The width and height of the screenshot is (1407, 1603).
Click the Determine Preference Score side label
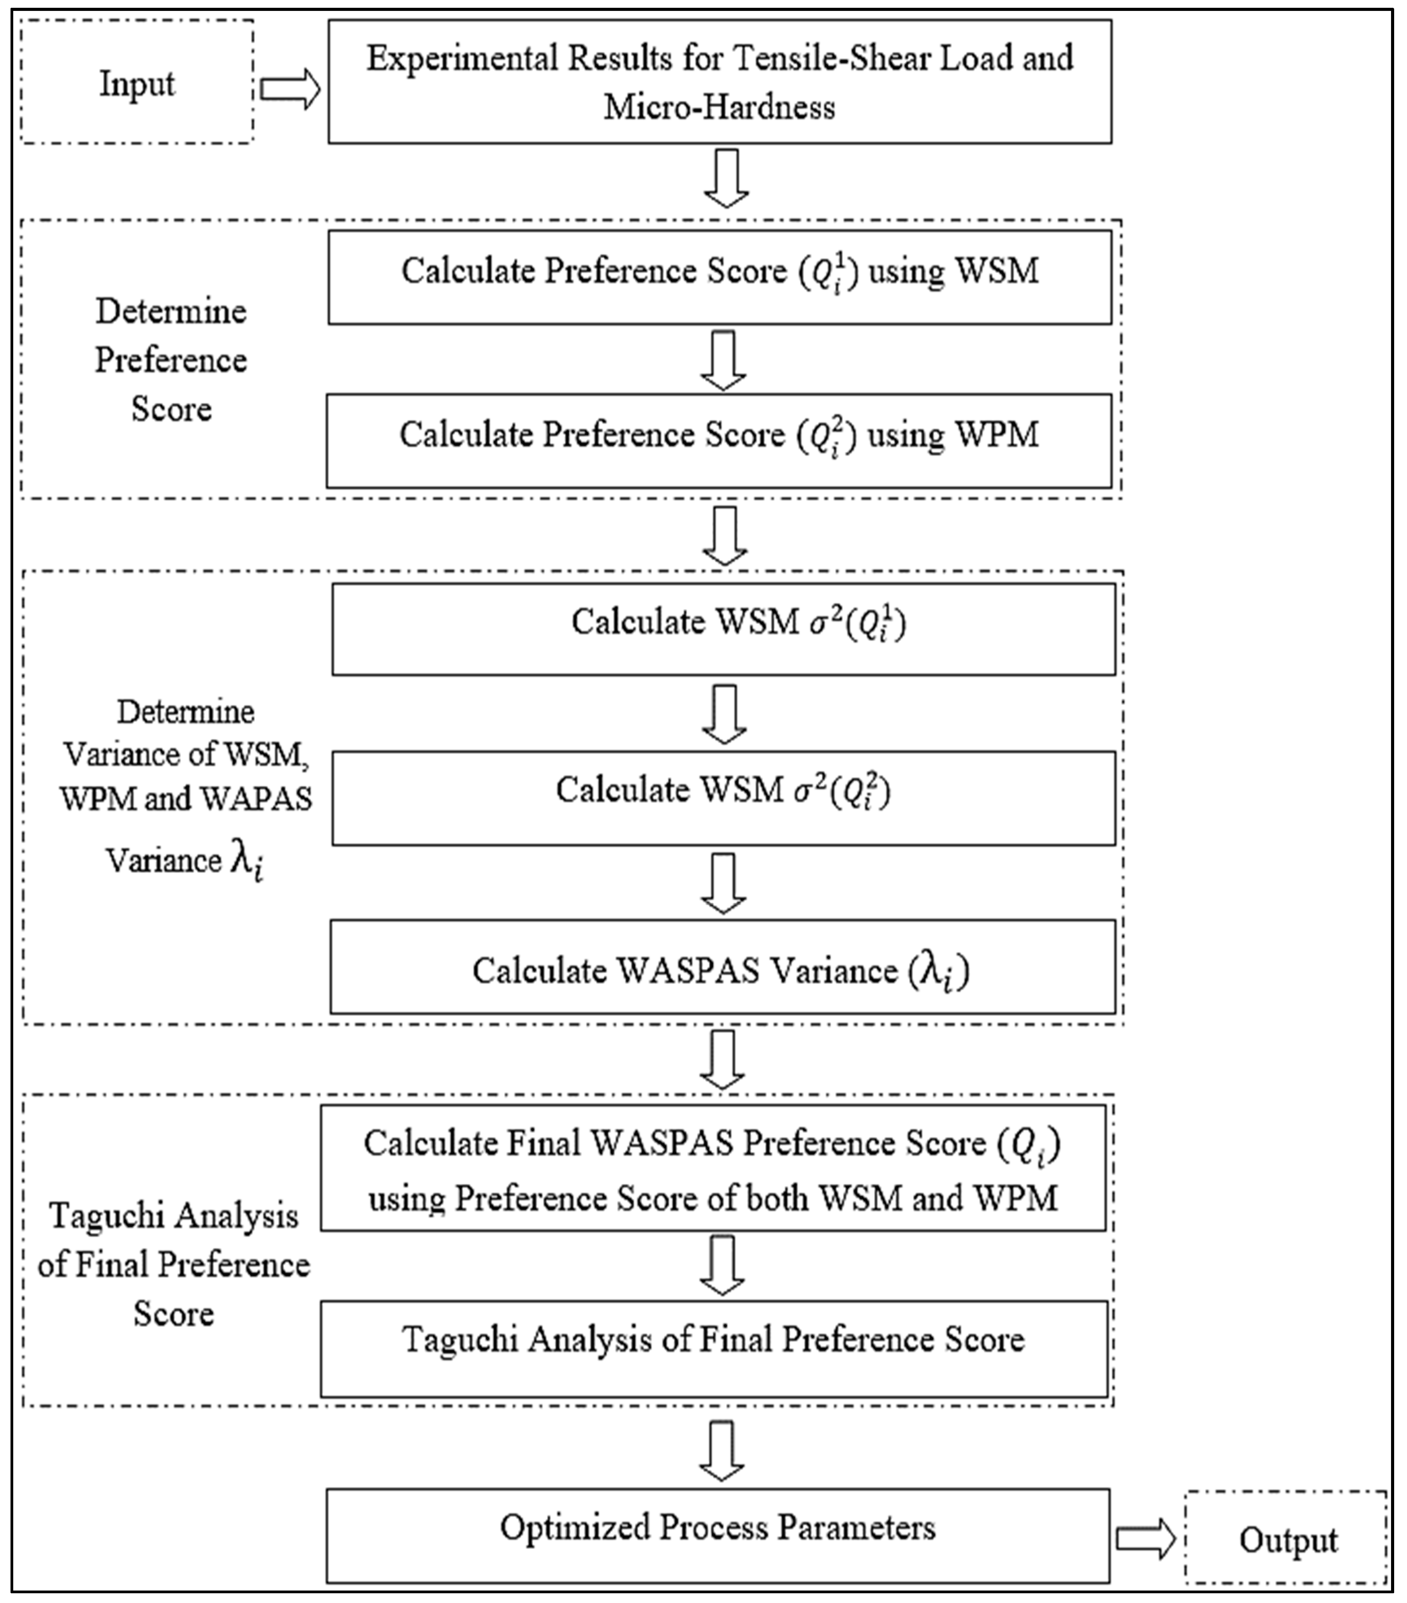click(x=171, y=360)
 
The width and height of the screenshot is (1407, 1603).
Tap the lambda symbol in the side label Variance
click(x=246, y=863)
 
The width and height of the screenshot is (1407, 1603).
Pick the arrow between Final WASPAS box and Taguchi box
click(x=721, y=1266)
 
